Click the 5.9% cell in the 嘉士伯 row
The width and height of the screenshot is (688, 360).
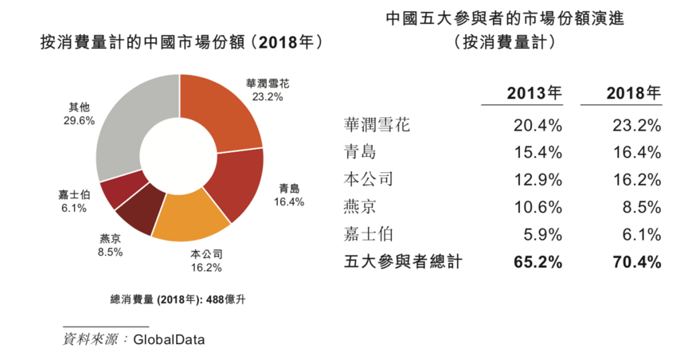click(542, 234)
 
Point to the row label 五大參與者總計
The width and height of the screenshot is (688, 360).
click(402, 261)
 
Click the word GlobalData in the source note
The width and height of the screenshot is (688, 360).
click(169, 339)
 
